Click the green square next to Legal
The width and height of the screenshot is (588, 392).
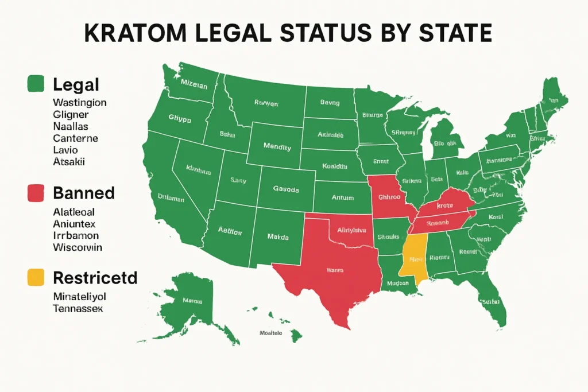point(36,84)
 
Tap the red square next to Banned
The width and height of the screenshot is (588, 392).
point(36,193)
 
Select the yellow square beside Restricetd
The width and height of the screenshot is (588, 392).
point(36,278)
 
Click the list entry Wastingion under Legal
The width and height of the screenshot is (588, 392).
point(79,103)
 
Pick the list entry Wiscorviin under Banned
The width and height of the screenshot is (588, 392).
point(78,247)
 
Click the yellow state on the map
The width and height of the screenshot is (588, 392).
point(414,258)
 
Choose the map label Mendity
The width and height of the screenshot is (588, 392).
point(277,147)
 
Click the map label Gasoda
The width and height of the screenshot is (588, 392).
point(286,189)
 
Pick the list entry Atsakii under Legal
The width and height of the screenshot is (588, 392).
point(69,162)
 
